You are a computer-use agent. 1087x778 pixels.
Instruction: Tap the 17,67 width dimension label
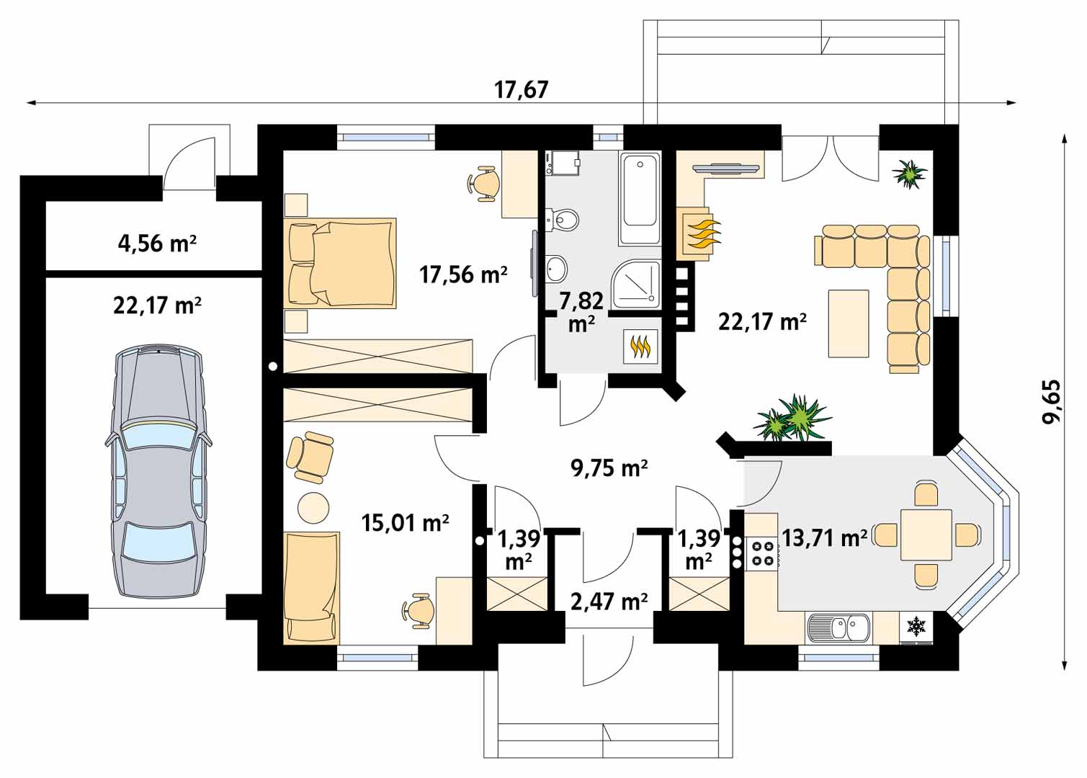coord(522,90)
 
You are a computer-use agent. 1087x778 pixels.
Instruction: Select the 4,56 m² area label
coord(157,243)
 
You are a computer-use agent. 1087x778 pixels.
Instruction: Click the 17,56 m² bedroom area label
coord(463,274)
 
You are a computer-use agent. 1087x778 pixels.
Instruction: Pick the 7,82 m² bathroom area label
coord(581,312)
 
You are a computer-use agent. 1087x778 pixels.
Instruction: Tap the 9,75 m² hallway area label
coord(609,468)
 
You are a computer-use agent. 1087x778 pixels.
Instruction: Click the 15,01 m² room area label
coord(406,523)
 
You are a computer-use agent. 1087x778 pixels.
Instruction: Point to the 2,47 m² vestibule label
coord(609,602)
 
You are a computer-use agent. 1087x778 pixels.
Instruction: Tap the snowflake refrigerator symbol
coord(916,627)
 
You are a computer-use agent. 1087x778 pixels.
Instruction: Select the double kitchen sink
coord(838,628)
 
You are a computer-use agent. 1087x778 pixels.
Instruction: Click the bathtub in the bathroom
coord(640,199)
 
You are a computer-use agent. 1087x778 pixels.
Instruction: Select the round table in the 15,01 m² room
coord(313,508)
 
